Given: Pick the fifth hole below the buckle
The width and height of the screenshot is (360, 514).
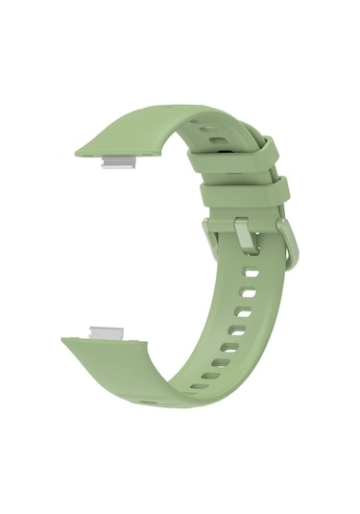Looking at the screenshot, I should pos(227,349).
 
